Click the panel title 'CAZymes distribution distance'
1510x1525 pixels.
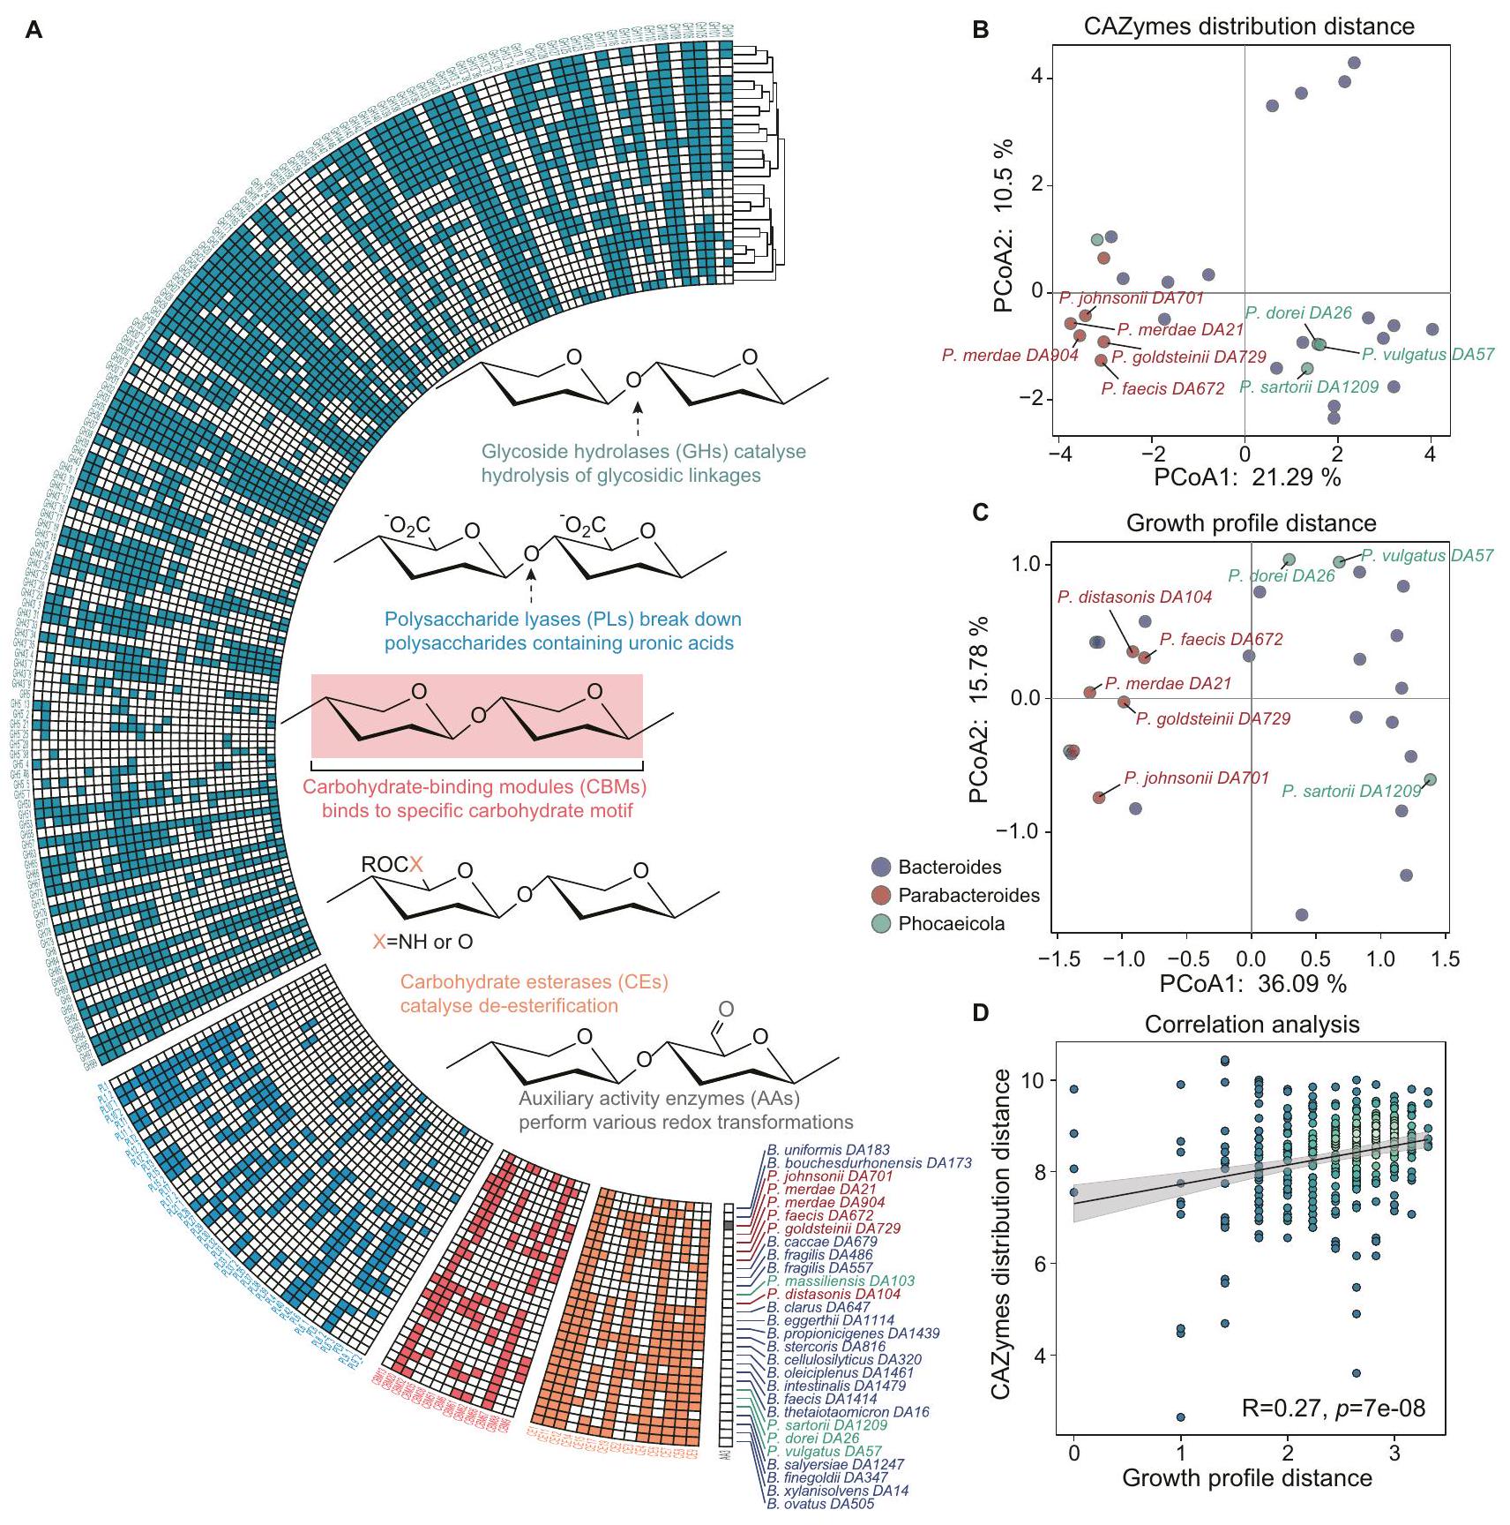[x=1248, y=26]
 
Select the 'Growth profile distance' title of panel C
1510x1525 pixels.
[x=1251, y=523]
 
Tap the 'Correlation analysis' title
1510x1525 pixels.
[x=1252, y=1025]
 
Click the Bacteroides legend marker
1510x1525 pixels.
[x=880, y=867]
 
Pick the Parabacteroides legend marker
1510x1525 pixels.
[x=880, y=895]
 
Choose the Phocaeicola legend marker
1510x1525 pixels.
[x=880, y=924]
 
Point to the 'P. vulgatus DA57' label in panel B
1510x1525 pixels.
[x=1427, y=355]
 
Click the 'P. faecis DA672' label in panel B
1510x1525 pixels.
[x=1162, y=388]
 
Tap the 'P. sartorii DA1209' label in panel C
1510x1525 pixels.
[x=1350, y=792]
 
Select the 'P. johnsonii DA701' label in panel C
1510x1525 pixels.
[x=1196, y=778]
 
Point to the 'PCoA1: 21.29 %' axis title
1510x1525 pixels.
[x=1247, y=477]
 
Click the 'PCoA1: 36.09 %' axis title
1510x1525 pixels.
[x=1252, y=983]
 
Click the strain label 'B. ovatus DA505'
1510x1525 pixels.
[x=820, y=1504]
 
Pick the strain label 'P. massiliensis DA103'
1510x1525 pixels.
[x=841, y=1281]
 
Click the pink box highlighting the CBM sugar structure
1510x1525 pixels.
[x=476, y=716]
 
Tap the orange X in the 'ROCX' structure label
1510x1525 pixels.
[x=416, y=864]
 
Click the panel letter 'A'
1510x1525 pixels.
[x=34, y=31]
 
